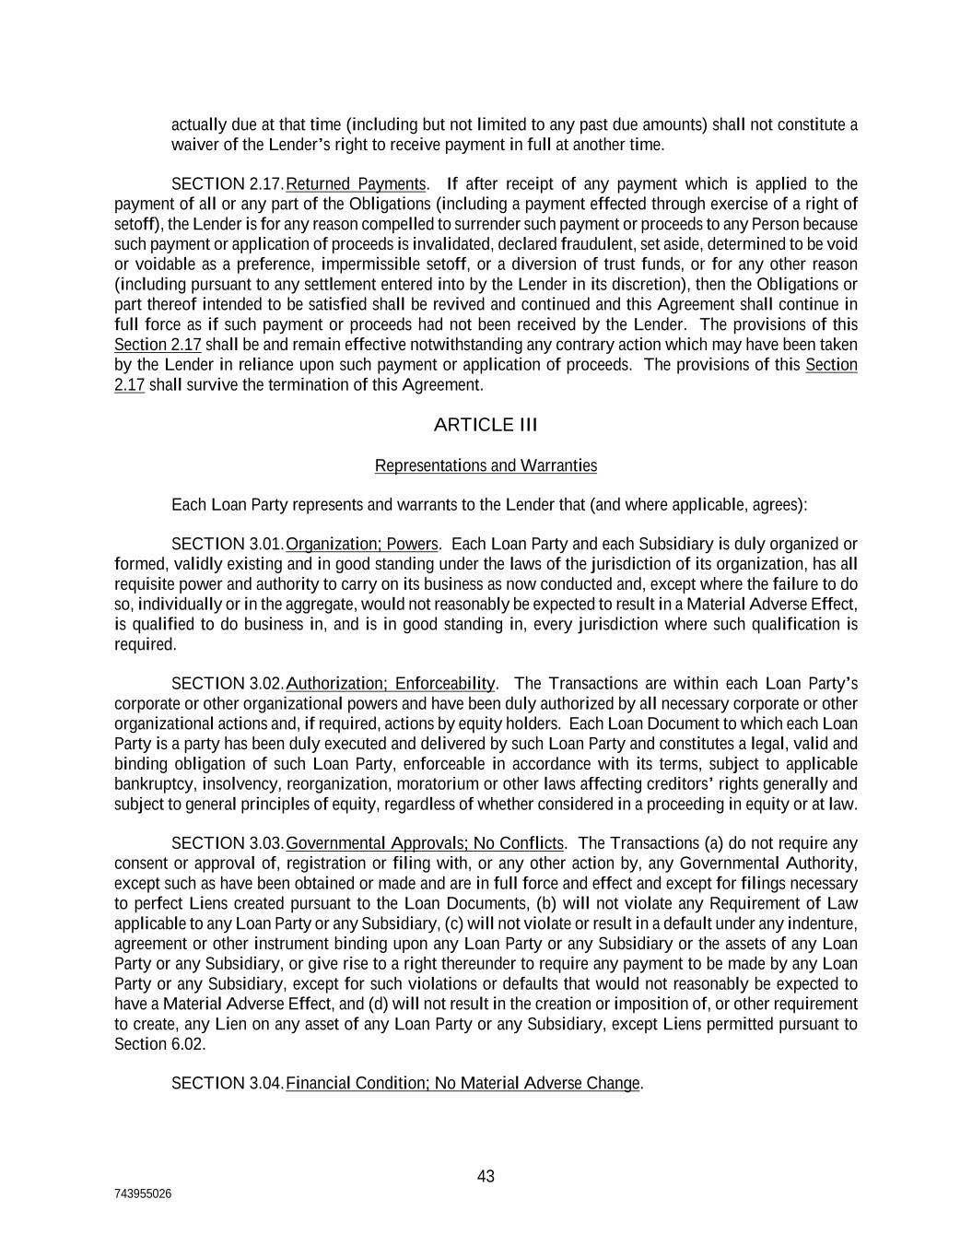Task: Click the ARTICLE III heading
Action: pos(485,425)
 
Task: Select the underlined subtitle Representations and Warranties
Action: pos(486,465)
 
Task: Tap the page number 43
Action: pos(486,1176)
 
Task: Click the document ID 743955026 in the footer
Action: pos(143,1194)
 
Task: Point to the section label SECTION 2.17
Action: pos(227,184)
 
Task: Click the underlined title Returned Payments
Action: pos(357,184)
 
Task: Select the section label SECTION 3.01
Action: pos(227,544)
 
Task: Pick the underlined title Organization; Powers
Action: pos(362,544)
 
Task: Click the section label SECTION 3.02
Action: pos(227,684)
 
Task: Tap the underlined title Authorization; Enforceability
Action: pos(391,684)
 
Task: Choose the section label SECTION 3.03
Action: pos(227,843)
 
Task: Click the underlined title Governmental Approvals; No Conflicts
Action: pos(425,843)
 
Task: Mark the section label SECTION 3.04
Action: pos(227,1083)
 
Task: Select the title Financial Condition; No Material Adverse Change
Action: pos(463,1083)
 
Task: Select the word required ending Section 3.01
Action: pos(145,645)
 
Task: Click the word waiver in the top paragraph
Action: pos(192,145)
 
